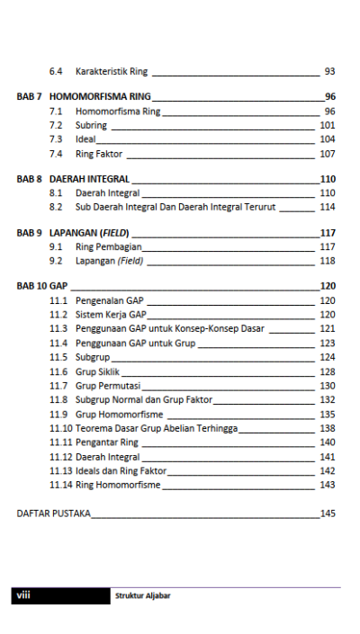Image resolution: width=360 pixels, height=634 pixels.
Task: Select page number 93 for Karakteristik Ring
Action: click(x=329, y=71)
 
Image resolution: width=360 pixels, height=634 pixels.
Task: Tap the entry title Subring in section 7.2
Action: click(x=91, y=125)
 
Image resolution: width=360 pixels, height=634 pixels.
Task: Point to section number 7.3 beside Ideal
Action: click(x=56, y=139)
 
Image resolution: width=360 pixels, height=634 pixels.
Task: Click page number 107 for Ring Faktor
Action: click(x=327, y=154)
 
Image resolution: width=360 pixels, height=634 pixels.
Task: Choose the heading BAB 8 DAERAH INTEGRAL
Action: click(x=73, y=179)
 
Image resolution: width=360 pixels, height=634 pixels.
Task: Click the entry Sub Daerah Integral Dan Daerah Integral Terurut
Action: click(x=175, y=207)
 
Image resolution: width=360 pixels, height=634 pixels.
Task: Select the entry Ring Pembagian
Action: click(x=108, y=246)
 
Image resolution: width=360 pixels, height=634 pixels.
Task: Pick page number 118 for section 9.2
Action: click(x=327, y=261)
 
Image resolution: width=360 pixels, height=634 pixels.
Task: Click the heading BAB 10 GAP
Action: click(x=42, y=286)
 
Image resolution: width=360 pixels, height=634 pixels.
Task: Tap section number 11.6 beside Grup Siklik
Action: click(x=58, y=371)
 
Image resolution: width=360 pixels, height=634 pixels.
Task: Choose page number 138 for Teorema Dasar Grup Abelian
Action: click(x=327, y=428)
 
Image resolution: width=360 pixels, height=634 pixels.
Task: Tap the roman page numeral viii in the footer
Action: click(x=24, y=594)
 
